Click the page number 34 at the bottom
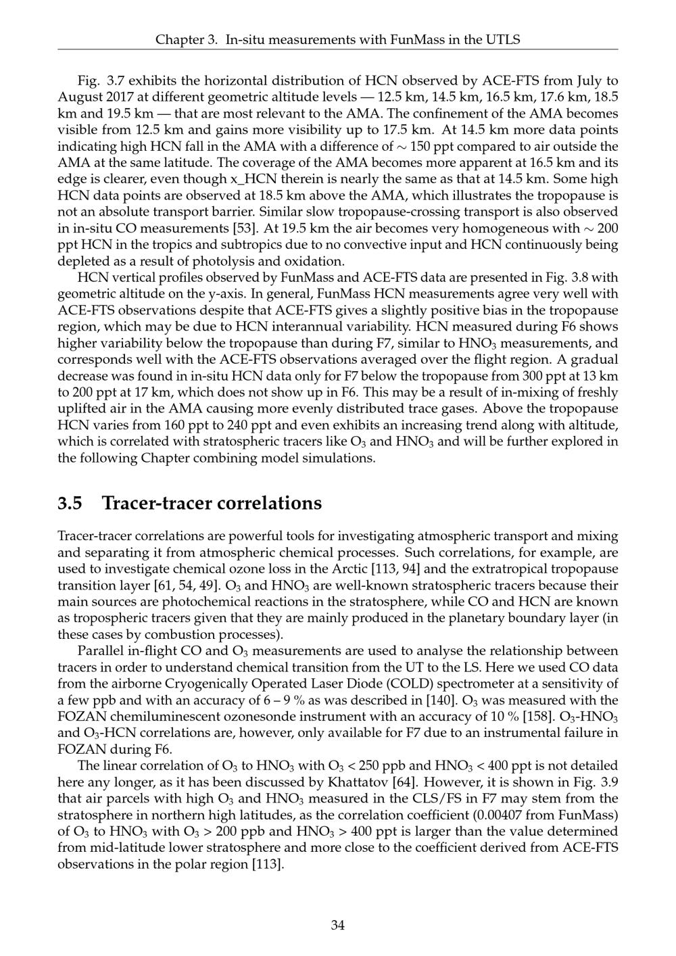tap(338, 926)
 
